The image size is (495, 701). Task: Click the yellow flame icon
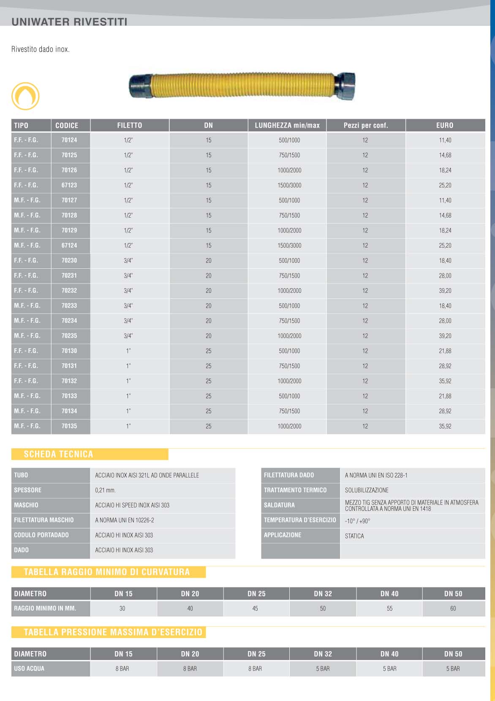click(25, 96)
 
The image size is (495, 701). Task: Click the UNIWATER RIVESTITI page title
click(69, 22)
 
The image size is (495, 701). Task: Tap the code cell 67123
click(69, 185)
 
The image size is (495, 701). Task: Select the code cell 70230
click(69, 260)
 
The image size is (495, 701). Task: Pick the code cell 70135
click(69, 426)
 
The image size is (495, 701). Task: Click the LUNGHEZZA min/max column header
click(287, 125)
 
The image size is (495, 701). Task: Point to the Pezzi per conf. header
click(366, 125)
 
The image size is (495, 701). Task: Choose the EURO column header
click(445, 125)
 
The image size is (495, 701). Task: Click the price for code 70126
click(445, 170)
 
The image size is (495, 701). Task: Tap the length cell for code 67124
click(289, 245)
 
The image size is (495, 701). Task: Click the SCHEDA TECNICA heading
click(58, 454)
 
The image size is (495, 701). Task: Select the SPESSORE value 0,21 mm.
click(106, 490)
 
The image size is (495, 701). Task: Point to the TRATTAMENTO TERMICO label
click(295, 490)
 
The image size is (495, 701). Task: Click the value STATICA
click(354, 536)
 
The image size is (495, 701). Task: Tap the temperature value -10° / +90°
click(357, 521)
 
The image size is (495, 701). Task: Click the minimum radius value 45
click(255, 608)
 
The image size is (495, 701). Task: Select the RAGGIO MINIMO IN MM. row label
click(45, 608)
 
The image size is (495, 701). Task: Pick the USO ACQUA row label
click(29, 668)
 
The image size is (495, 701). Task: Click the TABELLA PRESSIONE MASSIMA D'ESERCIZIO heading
click(113, 632)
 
